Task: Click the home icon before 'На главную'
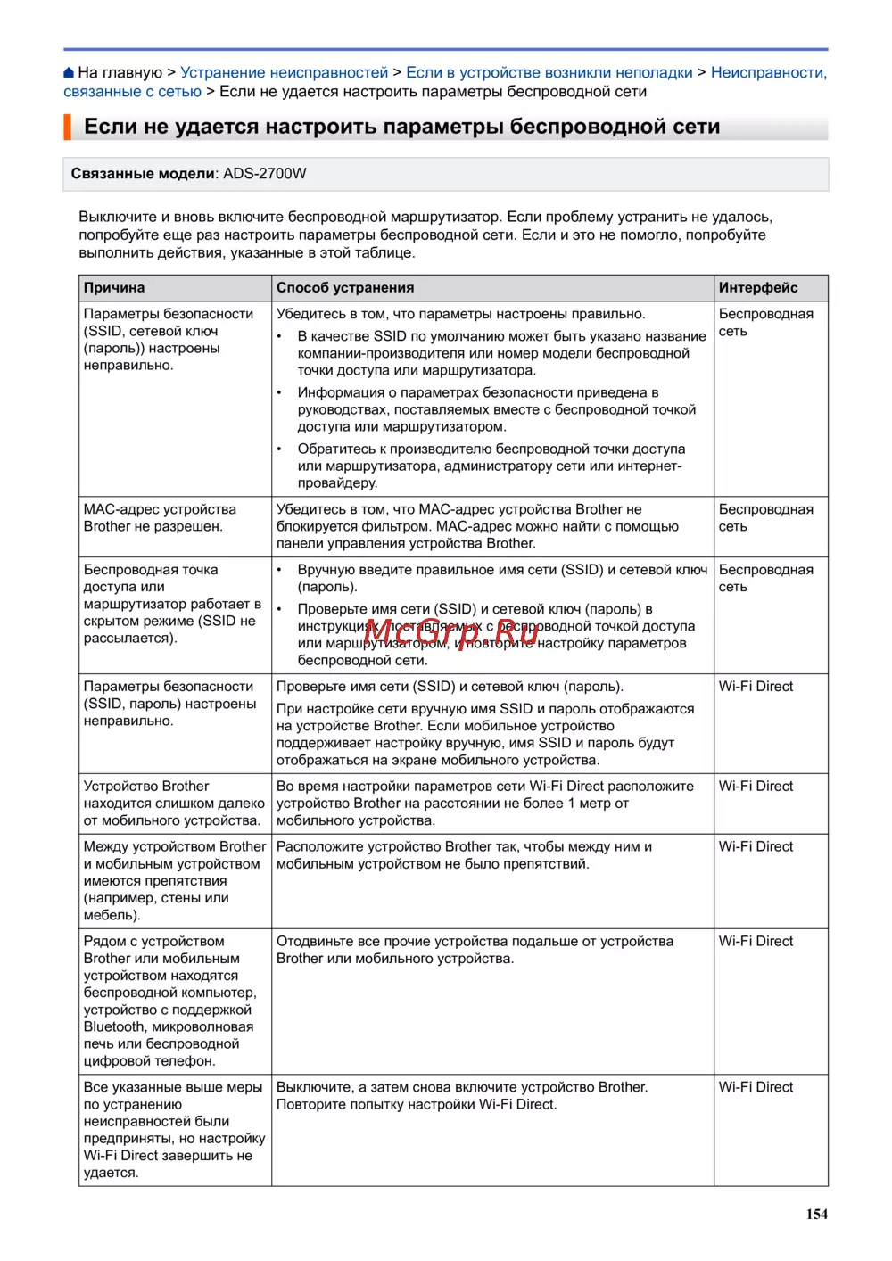click(x=69, y=73)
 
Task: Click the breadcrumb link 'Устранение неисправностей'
click(x=284, y=72)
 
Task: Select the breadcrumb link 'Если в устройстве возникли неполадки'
click(x=549, y=72)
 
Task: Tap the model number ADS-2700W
click(x=264, y=174)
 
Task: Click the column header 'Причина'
click(x=114, y=288)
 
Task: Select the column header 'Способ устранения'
click(x=345, y=288)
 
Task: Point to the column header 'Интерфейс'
click(x=758, y=288)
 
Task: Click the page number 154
click(x=816, y=1214)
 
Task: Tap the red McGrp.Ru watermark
click(x=450, y=633)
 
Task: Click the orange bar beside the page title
click(x=68, y=127)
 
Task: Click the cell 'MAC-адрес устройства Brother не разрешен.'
click(x=160, y=518)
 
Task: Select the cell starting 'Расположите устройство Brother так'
click(x=464, y=855)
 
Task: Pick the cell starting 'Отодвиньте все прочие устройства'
click(x=475, y=950)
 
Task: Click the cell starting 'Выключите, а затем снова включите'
click(x=461, y=1096)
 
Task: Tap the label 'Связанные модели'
click(x=143, y=174)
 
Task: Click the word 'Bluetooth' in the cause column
click(x=115, y=1026)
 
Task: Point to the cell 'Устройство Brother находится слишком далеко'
click(x=173, y=803)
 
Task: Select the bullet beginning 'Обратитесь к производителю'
click(x=491, y=466)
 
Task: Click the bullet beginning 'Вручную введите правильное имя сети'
click(x=502, y=578)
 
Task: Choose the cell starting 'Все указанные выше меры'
click(x=173, y=1129)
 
